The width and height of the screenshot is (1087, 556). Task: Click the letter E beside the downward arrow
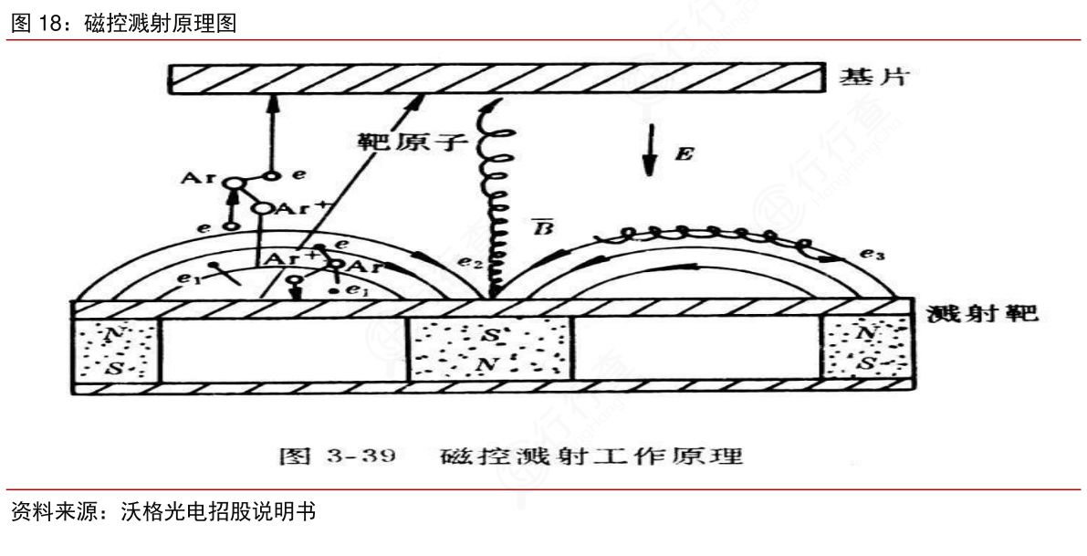click(683, 154)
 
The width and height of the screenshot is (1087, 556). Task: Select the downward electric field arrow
click(649, 152)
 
